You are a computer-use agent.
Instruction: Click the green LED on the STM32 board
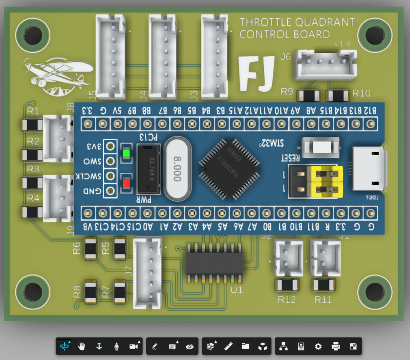pos(127,154)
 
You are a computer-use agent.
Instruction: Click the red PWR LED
pos(127,183)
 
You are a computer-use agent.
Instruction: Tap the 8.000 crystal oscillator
pos(177,168)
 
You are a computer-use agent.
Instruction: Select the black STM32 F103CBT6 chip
pos(230,168)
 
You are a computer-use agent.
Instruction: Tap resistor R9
pos(309,96)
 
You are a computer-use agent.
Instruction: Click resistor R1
pos(33,125)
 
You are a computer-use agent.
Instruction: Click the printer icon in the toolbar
pos(336,346)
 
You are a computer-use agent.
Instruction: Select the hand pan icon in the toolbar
pos(81,346)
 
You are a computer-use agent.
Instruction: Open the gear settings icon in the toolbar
pos(318,346)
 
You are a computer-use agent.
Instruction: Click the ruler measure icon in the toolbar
pos(228,346)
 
